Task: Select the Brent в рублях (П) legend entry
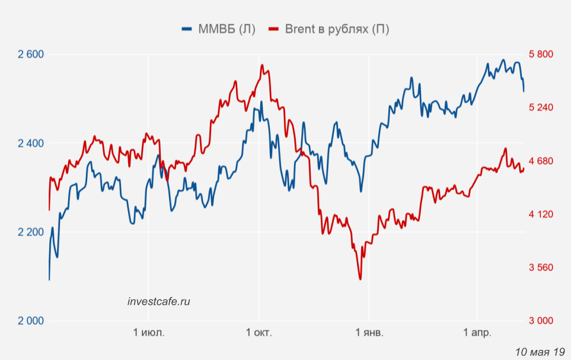pyautogui.click(x=330, y=29)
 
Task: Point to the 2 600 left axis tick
pyautogui.click(x=31, y=55)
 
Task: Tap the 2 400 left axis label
pyautogui.click(x=31, y=144)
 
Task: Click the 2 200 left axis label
pyautogui.click(x=31, y=232)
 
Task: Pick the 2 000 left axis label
pyautogui.click(x=31, y=321)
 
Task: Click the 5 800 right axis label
pyautogui.click(x=540, y=55)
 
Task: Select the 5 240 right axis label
pyautogui.click(x=540, y=107)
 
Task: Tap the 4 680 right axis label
pyautogui.click(x=540, y=161)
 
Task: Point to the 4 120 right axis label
pyautogui.click(x=540, y=214)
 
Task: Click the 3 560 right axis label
pyautogui.click(x=540, y=267)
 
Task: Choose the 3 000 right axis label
pyautogui.click(x=540, y=321)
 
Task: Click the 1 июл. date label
pyautogui.click(x=149, y=333)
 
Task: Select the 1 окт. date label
pyautogui.click(x=259, y=333)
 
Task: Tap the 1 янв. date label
pyautogui.click(x=369, y=333)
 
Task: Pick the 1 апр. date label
pyautogui.click(x=477, y=333)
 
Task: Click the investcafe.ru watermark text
pyautogui.click(x=159, y=301)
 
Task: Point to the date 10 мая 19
pyautogui.click(x=540, y=351)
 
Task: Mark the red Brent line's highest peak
pyautogui.click(x=261, y=66)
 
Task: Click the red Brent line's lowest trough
pyautogui.click(x=360, y=279)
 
